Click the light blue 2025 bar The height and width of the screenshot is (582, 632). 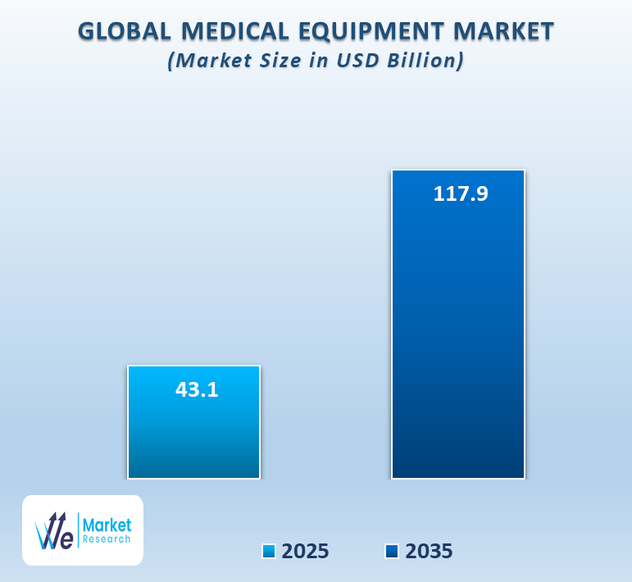click(193, 434)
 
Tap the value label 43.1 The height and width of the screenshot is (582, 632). click(197, 389)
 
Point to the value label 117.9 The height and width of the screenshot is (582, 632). click(460, 194)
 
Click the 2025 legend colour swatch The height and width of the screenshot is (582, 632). click(269, 552)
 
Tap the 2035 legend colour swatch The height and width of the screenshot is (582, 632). click(392, 552)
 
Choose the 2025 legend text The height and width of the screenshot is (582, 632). click(306, 552)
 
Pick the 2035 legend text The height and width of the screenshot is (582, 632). click(429, 552)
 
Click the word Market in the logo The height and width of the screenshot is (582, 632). click(107, 525)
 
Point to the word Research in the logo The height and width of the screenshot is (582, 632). click(107, 539)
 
